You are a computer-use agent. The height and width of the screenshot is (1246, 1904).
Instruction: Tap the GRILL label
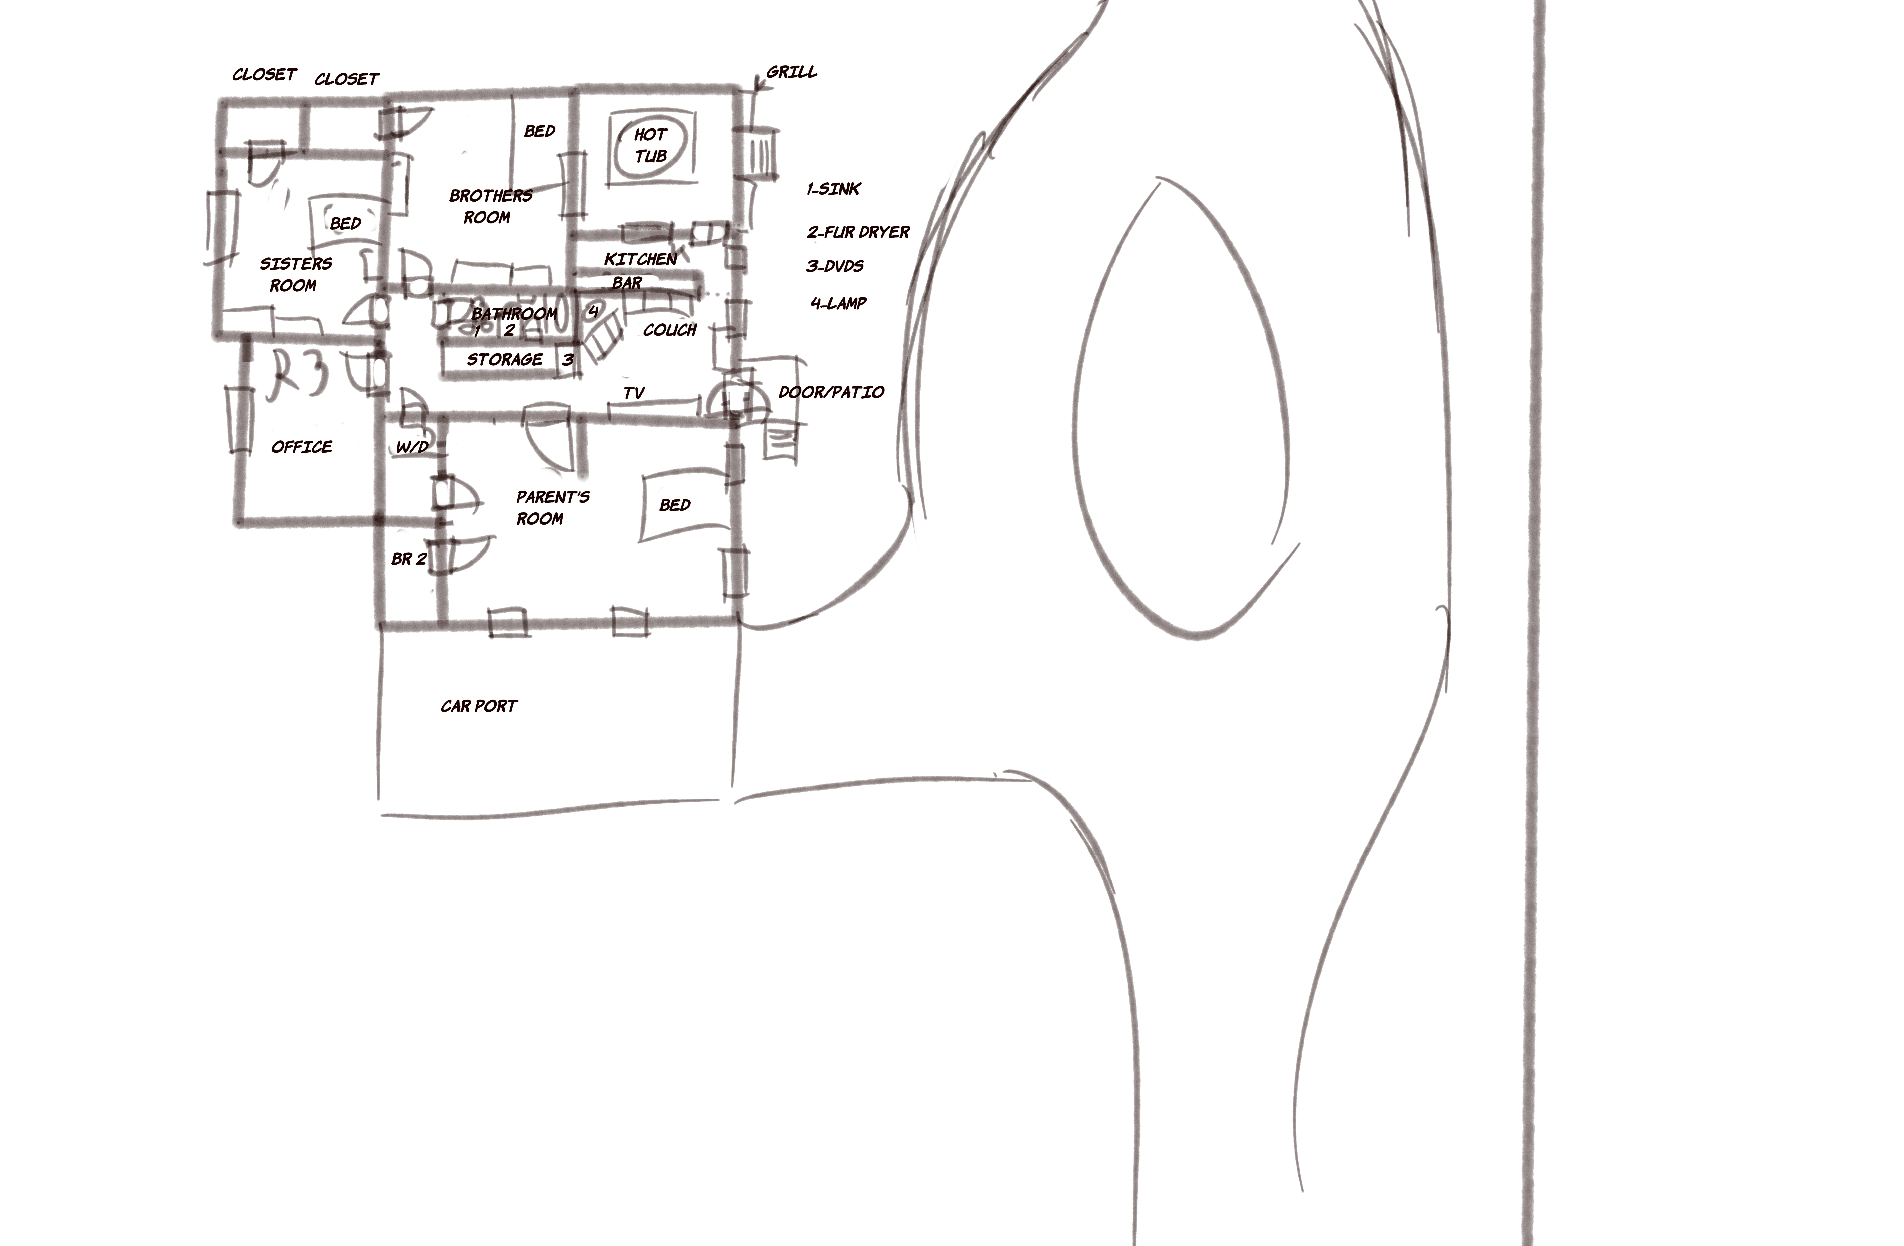click(x=792, y=72)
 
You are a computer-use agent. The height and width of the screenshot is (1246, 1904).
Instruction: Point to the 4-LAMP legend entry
click(x=838, y=303)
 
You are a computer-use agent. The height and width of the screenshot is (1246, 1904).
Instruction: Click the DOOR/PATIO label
click(x=831, y=392)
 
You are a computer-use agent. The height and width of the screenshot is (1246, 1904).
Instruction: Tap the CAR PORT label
click(x=479, y=706)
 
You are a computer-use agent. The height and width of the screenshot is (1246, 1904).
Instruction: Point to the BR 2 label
click(x=409, y=559)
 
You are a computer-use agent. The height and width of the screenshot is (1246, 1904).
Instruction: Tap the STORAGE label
click(x=505, y=360)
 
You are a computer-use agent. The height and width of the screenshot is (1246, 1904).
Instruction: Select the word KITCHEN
click(x=641, y=259)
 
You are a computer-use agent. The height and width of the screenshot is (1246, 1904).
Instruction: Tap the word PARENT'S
click(x=553, y=497)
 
